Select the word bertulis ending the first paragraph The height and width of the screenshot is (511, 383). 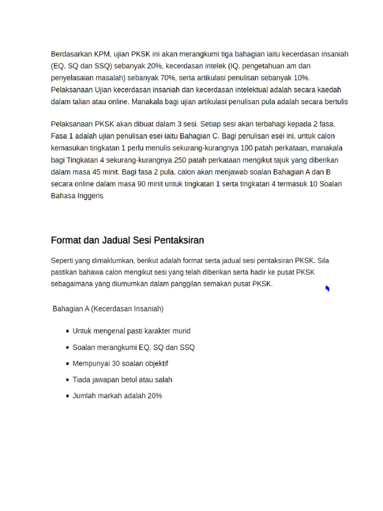coord(335,102)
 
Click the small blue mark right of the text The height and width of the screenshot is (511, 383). coord(327,288)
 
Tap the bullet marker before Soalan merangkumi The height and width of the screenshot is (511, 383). coord(67,347)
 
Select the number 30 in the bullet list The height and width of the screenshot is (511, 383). coord(117,363)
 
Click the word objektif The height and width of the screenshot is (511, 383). coord(154,363)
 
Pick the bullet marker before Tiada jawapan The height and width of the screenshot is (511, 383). coord(67,380)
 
